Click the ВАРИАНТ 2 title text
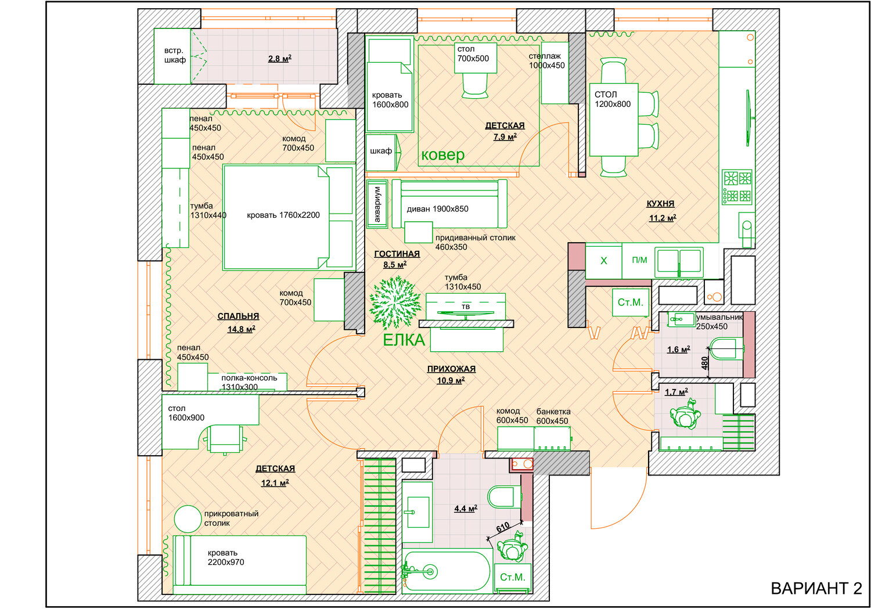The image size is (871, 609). pos(816,588)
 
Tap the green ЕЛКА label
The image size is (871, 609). pos(404,340)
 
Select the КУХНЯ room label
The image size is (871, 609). pos(660,204)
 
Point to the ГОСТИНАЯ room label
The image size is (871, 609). pos(397,254)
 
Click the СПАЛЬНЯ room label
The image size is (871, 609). pos(238,316)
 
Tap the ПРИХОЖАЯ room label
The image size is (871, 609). pos(451,369)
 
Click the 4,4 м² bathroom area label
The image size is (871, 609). pos(465,509)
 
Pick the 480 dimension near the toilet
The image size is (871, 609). pos(705,363)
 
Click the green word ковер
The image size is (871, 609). pos(442,154)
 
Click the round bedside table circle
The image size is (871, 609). pos(188,518)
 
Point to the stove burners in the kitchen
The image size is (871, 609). pos(737,186)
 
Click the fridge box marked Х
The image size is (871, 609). pos(603,261)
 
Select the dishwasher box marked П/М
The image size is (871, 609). pos(639,260)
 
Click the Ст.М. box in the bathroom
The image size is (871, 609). pos(512,577)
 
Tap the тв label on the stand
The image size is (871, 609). pos(466,306)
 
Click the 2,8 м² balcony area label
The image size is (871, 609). pos(279,59)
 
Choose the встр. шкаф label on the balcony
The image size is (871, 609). pos(174,55)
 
